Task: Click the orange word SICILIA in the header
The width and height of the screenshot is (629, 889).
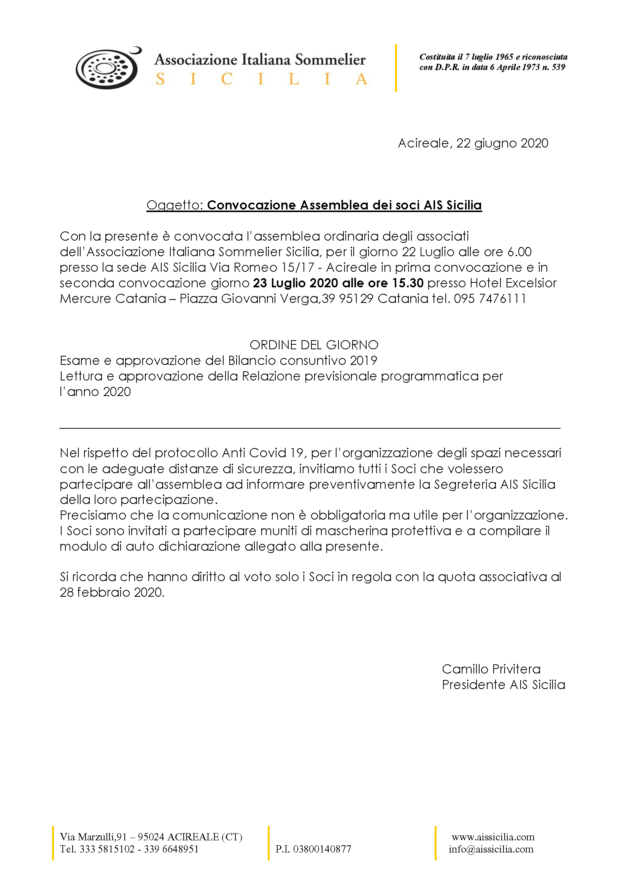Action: [x=261, y=79]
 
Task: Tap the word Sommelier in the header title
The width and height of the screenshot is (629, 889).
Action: [x=330, y=60]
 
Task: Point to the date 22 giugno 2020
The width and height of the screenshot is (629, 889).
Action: [x=502, y=143]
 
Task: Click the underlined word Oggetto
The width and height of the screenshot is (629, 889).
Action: [x=174, y=205]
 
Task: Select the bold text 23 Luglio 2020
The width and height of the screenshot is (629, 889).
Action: [x=295, y=283]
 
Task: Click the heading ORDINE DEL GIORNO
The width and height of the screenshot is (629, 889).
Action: [x=314, y=345]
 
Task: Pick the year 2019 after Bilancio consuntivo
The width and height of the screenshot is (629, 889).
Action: [x=363, y=360]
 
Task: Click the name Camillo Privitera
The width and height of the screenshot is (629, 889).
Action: [x=491, y=669]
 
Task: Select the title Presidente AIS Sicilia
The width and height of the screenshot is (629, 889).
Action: [x=504, y=685]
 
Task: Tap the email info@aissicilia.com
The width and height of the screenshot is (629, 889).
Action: [x=491, y=849]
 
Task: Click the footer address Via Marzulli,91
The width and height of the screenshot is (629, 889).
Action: [x=93, y=837]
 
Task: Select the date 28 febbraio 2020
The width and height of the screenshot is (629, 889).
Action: [x=112, y=593]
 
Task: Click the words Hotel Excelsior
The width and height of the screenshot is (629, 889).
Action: [x=513, y=283]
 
